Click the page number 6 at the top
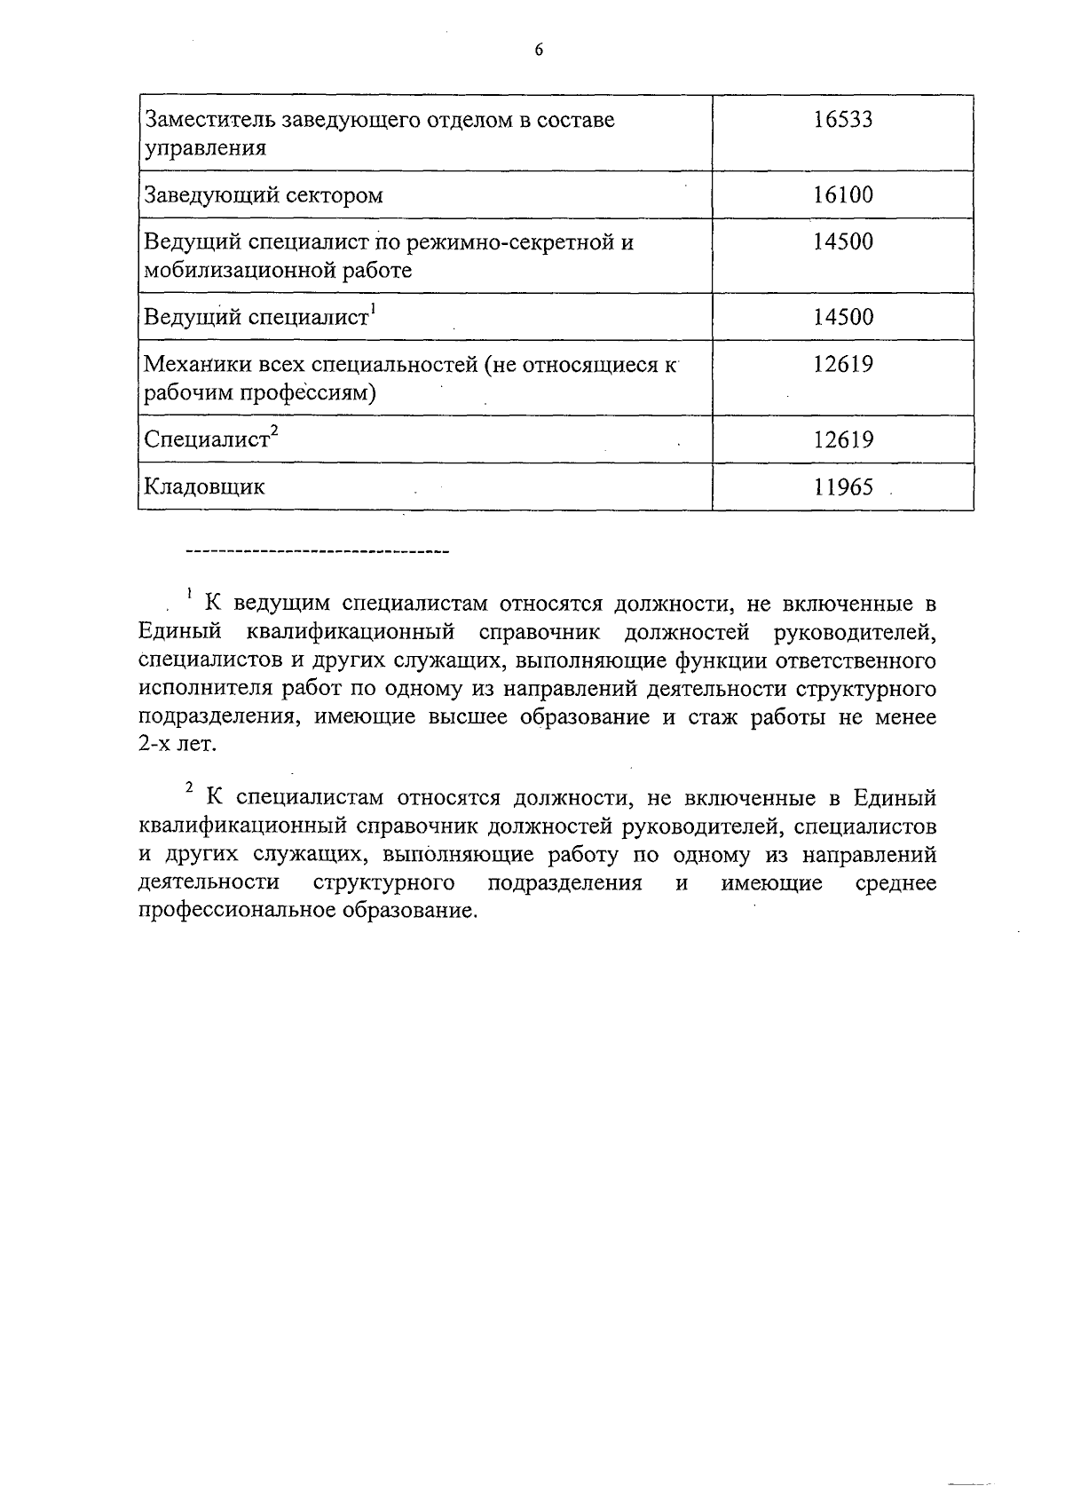tap(539, 51)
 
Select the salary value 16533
tap(843, 120)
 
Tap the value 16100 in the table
tap(843, 195)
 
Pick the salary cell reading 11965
tap(843, 486)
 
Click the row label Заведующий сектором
tap(264, 195)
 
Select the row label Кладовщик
tap(204, 486)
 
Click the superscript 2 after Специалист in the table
tap(274, 431)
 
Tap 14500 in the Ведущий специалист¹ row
tap(843, 317)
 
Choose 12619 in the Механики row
tap(843, 364)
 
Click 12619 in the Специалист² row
tap(843, 439)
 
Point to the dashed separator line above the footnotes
tap(317, 553)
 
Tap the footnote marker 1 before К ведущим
tap(188, 594)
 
